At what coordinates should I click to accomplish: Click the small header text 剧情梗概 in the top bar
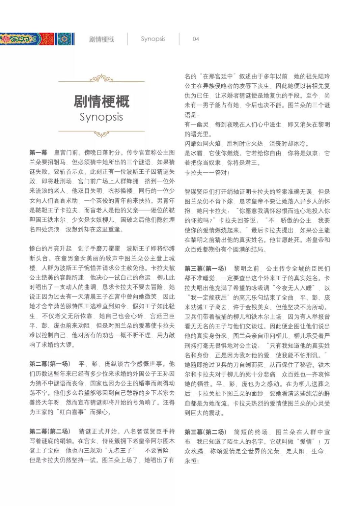pyautogui.click(x=102, y=39)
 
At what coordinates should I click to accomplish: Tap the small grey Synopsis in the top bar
pyautogui.click(x=153, y=39)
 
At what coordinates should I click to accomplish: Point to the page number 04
pyautogui.click(x=196, y=39)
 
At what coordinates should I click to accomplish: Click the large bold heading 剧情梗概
pyautogui.click(x=102, y=101)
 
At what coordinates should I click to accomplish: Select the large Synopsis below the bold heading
pyautogui.click(x=101, y=117)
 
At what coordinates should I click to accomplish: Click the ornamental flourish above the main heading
pyautogui.click(x=102, y=79)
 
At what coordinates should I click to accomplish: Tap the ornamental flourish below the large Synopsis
pyautogui.click(x=102, y=134)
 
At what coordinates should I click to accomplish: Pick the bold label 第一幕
pyautogui.click(x=38, y=153)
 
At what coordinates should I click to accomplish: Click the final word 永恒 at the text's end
pyautogui.click(x=191, y=461)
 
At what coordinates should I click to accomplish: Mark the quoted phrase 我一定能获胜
pyautogui.click(x=209, y=298)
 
